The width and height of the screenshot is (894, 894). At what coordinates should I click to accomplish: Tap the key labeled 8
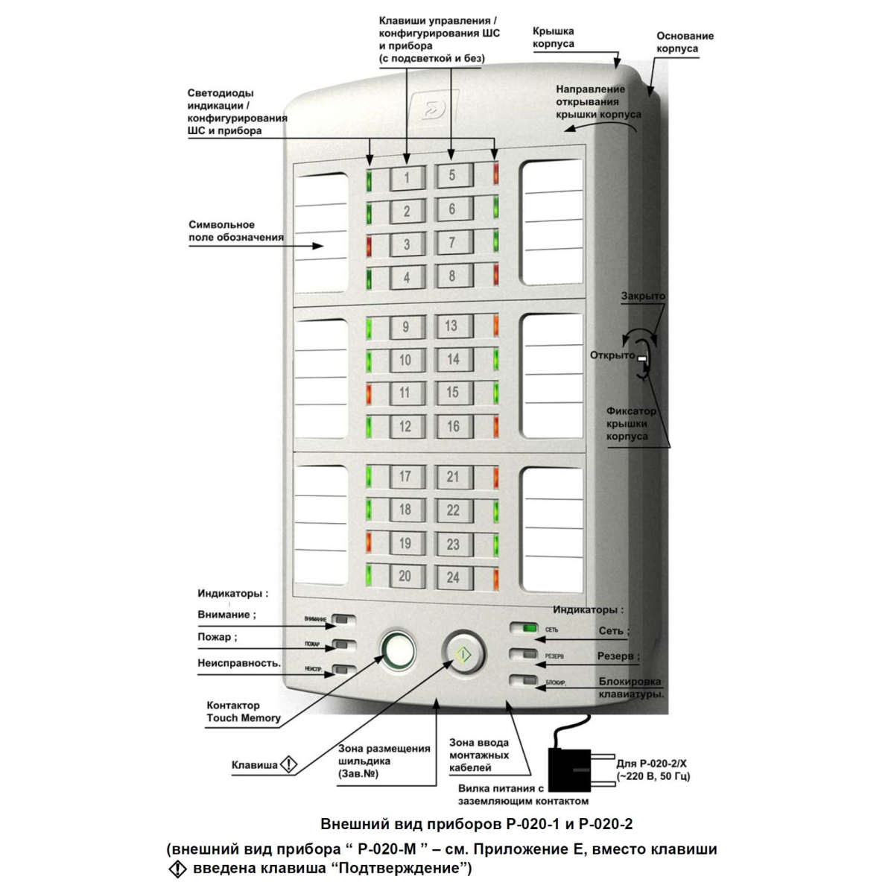[x=452, y=276]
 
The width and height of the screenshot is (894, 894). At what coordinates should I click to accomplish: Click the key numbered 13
[x=451, y=326]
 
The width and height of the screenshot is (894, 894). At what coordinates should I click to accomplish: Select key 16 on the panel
[x=452, y=426]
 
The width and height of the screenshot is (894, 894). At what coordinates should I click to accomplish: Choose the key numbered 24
[x=452, y=577]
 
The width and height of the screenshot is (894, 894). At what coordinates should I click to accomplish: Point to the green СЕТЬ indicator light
[x=528, y=629]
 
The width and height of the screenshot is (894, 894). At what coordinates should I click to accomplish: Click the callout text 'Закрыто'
[x=644, y=297]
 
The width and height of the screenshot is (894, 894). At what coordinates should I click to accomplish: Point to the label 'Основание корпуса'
[x=685, y=42]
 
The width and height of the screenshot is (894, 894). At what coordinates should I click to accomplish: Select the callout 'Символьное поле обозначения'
[x=235, y=231]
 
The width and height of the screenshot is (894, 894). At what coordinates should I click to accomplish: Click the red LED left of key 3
[x=368, y=244]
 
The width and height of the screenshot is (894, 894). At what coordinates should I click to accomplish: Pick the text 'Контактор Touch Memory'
[x=244, y=711]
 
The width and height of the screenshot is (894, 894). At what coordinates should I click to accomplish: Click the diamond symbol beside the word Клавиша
[x=288, y=764]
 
